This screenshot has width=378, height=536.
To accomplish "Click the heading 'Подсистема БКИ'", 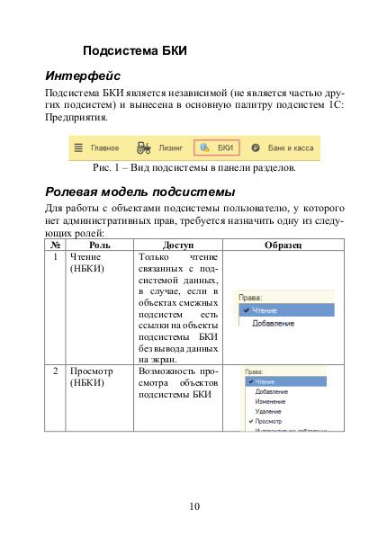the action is tap(134, 50).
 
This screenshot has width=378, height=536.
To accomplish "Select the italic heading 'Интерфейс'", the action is tap(83, 76).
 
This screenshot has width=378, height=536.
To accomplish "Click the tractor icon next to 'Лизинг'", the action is tap(142, 147).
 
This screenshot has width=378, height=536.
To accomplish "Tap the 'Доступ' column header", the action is tap(177, 245).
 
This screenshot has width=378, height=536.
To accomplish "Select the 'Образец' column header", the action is tap(283, 245).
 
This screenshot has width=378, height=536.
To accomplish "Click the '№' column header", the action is tap(56, 245).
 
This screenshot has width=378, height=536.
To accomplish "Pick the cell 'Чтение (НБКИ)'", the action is tap(87, 263).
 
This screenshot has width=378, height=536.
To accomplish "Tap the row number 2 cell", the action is tap(56, 370).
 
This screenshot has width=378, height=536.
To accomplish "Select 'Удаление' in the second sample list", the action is tap(268, 411).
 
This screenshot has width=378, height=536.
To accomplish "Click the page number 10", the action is tap(194, 506).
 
